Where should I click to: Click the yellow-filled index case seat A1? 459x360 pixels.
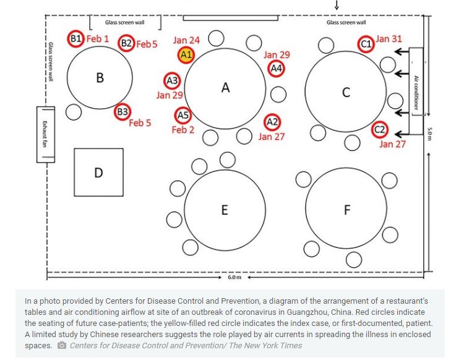186,54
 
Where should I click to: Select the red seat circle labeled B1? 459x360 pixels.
75,38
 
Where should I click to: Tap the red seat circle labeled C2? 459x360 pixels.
380,130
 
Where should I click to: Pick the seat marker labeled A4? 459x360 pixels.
277,68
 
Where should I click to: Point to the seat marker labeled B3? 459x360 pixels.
122,111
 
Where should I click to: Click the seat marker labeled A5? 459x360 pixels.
183,115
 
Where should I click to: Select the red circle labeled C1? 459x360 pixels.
366,44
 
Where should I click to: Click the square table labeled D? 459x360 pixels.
98,172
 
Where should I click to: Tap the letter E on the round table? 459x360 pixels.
225,210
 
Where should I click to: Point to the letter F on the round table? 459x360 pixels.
347,210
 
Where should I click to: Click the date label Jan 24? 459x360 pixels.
186,40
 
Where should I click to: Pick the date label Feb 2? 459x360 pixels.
183,130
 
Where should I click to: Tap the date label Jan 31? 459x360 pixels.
388,38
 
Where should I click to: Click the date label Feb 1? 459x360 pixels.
98,38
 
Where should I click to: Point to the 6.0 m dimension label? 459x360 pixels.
234,277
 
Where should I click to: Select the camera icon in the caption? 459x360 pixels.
61,345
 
